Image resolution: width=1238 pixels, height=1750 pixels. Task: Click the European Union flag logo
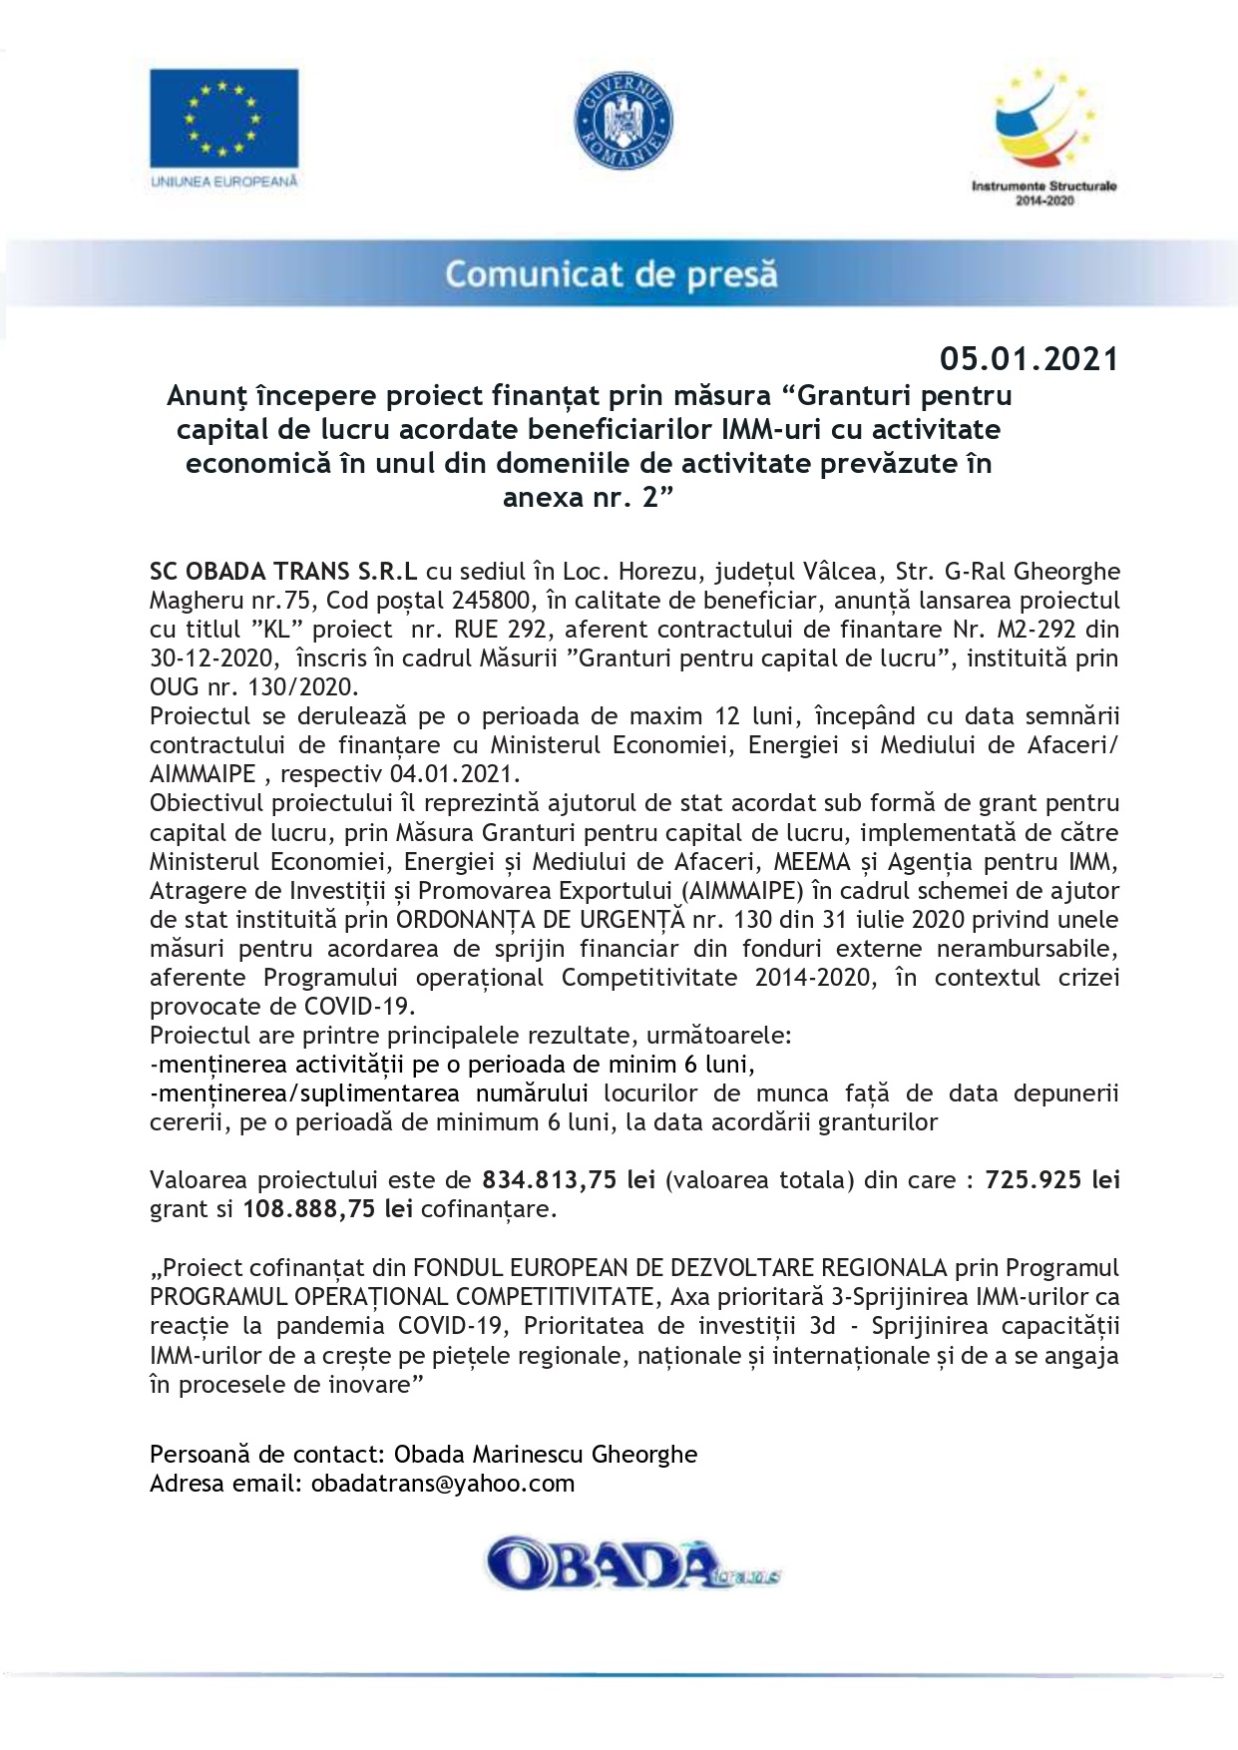point(223,118)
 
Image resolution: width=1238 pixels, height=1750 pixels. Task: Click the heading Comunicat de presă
point(611,274)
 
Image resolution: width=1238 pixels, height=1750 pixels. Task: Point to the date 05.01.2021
point(1029,358)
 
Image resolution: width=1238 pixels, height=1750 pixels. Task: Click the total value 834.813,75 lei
point(569,1180)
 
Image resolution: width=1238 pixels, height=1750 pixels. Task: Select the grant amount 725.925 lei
point(1051,1180)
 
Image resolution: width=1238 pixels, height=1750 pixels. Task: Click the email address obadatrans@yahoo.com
point(443,1484)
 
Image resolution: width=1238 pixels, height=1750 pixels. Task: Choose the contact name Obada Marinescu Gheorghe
point(546,1455)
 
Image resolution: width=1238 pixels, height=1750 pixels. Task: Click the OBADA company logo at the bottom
point(630,1565)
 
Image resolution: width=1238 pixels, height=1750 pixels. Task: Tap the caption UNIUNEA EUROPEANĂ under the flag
point(223,182)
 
